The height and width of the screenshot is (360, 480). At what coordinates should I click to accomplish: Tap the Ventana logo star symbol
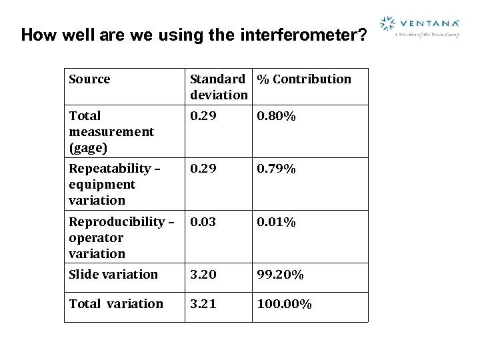387,25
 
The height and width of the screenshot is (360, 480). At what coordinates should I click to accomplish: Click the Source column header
89,79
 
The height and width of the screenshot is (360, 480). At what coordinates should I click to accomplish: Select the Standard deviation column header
219,87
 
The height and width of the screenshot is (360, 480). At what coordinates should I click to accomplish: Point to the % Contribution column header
304,79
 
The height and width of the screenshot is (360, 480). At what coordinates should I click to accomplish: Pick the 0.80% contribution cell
277,116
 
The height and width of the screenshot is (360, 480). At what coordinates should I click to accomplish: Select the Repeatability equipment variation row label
114,184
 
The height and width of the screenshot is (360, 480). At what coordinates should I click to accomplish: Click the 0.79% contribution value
277,169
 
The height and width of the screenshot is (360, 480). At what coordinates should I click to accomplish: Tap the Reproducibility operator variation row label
121,237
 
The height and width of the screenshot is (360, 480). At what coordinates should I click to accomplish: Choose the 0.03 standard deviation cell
203,221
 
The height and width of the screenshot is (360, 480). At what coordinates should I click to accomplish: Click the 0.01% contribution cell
277,221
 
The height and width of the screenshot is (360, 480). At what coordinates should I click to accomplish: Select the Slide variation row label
113,274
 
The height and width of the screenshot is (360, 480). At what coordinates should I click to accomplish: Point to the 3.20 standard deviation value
203,274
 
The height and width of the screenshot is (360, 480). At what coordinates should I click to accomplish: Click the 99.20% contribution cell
281,274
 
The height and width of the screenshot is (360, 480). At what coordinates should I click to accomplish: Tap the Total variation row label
116,303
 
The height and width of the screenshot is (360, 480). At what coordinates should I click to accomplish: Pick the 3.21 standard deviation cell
203,303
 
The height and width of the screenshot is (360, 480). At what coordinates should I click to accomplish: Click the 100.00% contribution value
285,303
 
